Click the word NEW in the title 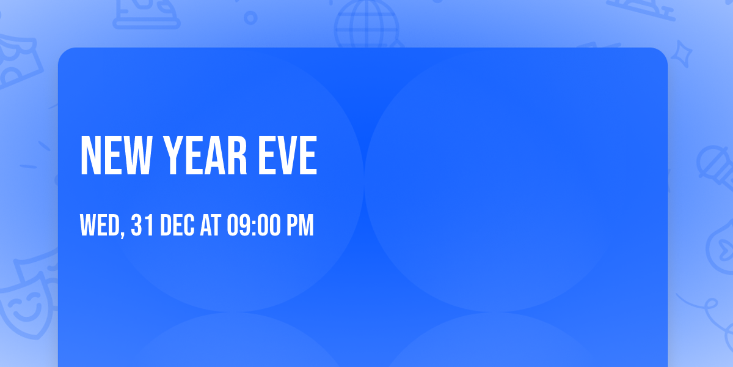(x=117, y=155)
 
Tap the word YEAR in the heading (x=205, y=155)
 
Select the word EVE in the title (x=288, y=155)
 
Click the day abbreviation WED (x=100, y=225)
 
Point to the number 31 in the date (x=142, y=225)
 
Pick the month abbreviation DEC (x=177, y=225)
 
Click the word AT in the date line (x=210, y=225)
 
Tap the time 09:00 (x=253, y=225)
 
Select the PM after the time (x=300, y=225)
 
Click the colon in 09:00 (x=254, y=227)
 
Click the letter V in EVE (x=288, y=155)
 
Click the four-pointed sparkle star (x=681, y=54)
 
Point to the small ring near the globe (x=250, y=18)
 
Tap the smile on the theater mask (x=27, y=311)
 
